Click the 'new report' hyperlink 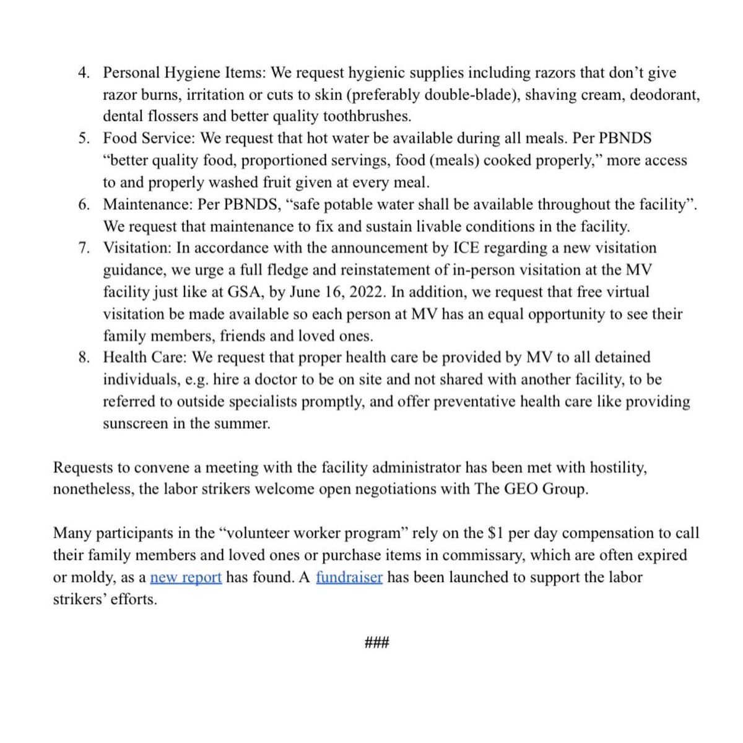(186, 578)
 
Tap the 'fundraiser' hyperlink (349, 578)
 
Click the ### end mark (377, 643)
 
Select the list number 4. (84, 73)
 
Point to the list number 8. (84, 357)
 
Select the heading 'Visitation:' (137, 248)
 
